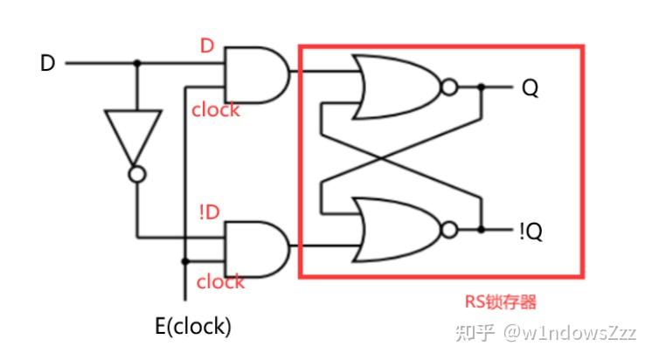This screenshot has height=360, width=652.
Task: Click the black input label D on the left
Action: pyautogui.click(x=47, y=64)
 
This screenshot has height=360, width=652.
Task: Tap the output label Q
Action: pyautogui.click(x=530, y=87)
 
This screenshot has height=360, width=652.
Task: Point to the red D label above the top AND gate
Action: pyautogui.click(x=207, y=46)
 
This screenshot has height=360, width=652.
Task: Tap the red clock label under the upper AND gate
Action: pyautogui.click(x=216, y=111)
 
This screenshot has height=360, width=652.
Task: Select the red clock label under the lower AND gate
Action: pyautogui.click(x=220, y=281)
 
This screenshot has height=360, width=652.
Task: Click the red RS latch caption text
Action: pyautogui.click(x=500, y=302)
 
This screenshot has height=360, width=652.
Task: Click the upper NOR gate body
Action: pyautogui.click(x=393, y=87)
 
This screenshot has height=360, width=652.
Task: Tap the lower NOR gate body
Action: pyautogui.click(x=393, y=230)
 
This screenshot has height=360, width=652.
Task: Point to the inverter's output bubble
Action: pyautogui.click(x=135, y=175)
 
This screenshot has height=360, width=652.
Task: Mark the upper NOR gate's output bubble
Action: pyautogui.click(x=449, y=87)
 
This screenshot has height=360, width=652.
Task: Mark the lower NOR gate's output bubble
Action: pyautogui.click(x=449, y=230)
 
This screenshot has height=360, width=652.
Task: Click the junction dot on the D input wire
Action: pyautogui.click(x=135, y=64)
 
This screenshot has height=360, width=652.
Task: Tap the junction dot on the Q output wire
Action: pyautogui.click(x=482, y=87)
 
